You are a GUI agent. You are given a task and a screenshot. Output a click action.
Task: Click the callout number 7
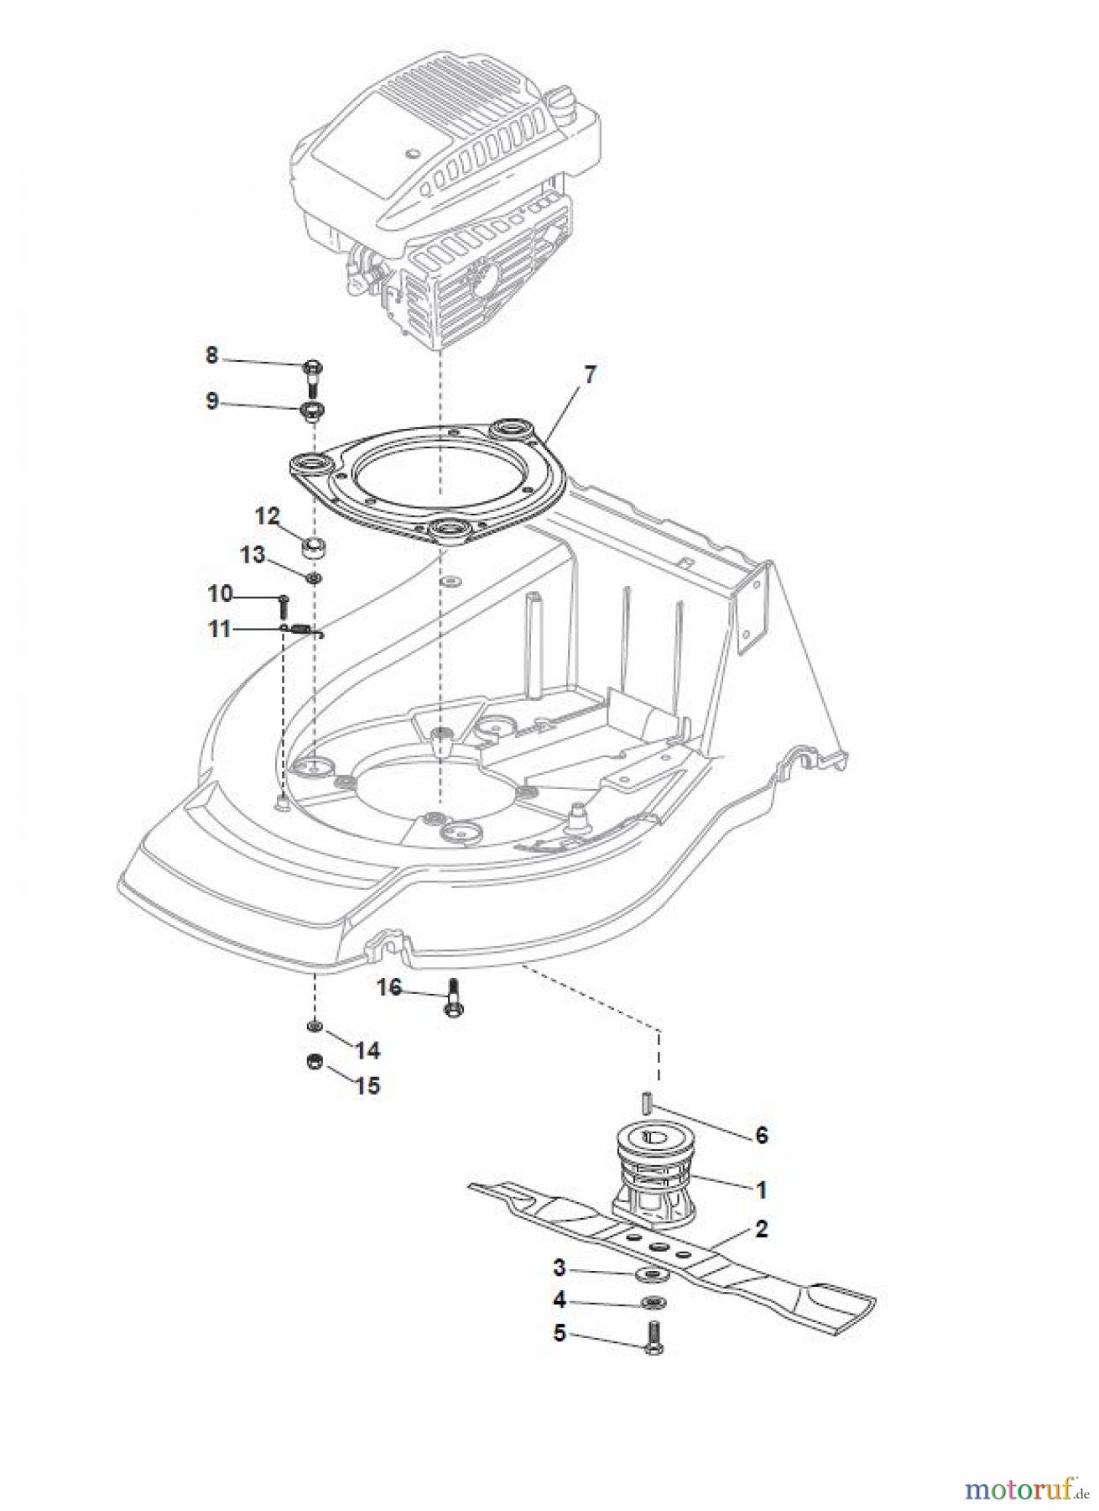click(x=590, y=374)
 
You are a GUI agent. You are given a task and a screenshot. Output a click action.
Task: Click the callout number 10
click(x=220, y=593)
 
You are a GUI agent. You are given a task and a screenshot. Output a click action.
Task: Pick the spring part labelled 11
click(x=302, y=630)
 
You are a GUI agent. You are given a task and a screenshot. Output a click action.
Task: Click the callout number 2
click(x=761, y=1229)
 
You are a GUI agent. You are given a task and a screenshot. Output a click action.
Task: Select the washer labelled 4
click(x=652, y=1303)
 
